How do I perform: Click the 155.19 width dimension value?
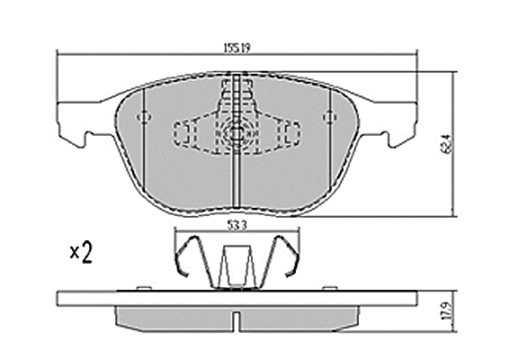tap(237, 49)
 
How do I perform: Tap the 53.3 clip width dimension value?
tap(237, 226)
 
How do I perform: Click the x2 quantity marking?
tap(81, 252)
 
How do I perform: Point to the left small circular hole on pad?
tap(144, 117)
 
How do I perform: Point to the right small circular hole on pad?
tap(330, 117)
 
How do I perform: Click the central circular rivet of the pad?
tap(236, 132)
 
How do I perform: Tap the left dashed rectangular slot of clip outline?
tap(181, 133)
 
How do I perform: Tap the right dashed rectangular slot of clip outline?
tap(292, 133)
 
